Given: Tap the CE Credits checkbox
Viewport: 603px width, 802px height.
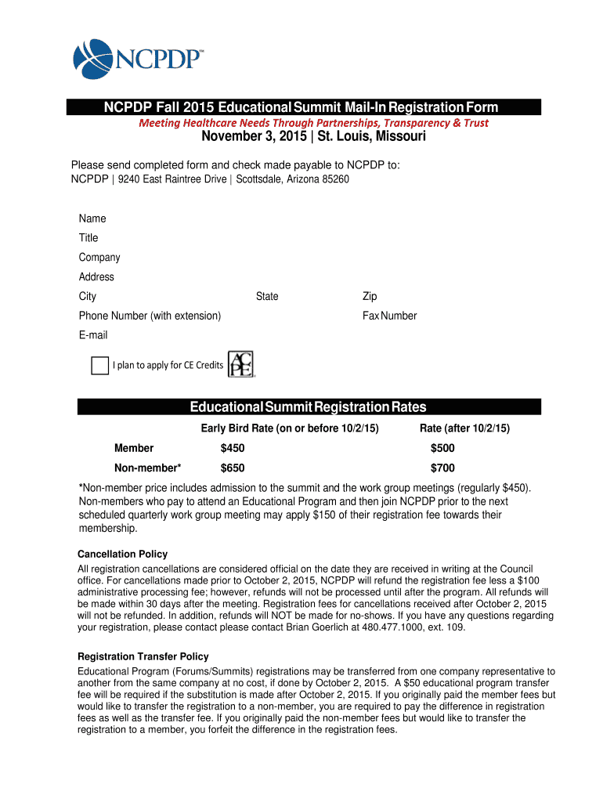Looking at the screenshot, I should (x=99, y=365).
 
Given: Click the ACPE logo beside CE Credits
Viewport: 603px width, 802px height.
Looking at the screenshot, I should (x=241, y=364).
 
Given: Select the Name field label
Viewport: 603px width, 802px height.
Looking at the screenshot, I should (x=92, y=219).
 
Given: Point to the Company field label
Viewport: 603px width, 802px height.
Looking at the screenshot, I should (x=99, y=258).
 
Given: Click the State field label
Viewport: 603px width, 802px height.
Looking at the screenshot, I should (x=267, y=296).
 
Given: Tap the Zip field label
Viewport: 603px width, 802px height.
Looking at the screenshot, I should (x=370, y=296).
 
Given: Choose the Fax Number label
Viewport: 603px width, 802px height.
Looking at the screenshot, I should (x=389, y=316).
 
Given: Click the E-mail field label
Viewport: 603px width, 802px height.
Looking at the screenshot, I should (x=93, y=335).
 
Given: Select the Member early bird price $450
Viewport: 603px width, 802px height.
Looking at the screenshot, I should (x=233, y=448).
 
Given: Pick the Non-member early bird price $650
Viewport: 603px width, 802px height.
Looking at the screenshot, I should (x=233, y=468).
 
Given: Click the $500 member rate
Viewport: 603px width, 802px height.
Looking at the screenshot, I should (x=442, y=448).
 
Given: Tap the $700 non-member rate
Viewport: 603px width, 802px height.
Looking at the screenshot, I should (x=442, y=468).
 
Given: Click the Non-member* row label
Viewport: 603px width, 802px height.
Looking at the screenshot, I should (x=147, y=468).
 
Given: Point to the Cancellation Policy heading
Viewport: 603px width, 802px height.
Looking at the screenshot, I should (x=122, y=555).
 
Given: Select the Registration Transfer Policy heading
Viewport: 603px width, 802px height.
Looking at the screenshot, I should (x=143, y=656).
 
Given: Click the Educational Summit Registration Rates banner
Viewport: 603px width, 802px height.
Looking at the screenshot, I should (x=309, y=407).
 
